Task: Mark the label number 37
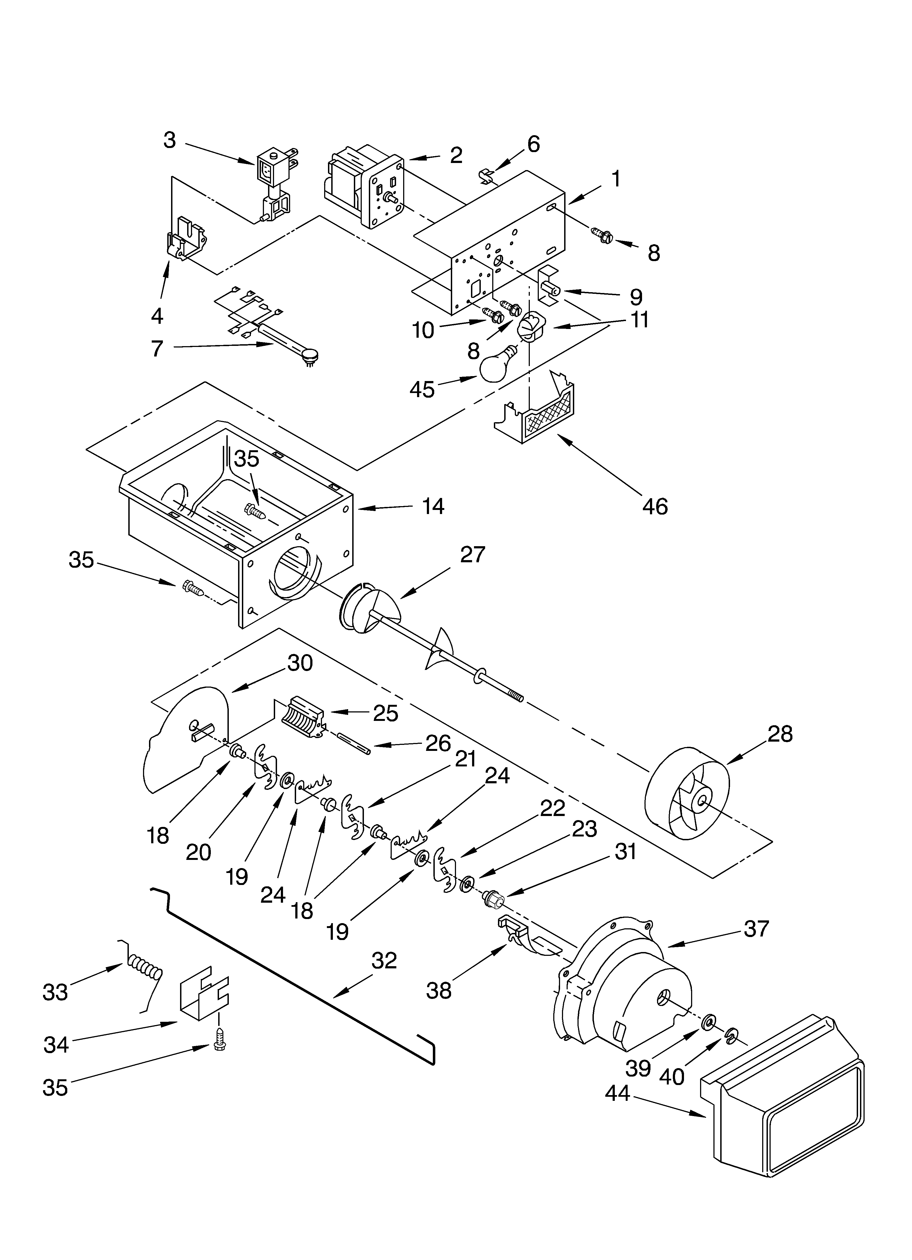[x=756, y=929]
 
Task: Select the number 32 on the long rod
[x=384, y=960]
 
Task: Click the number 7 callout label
[x=157, y=348]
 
